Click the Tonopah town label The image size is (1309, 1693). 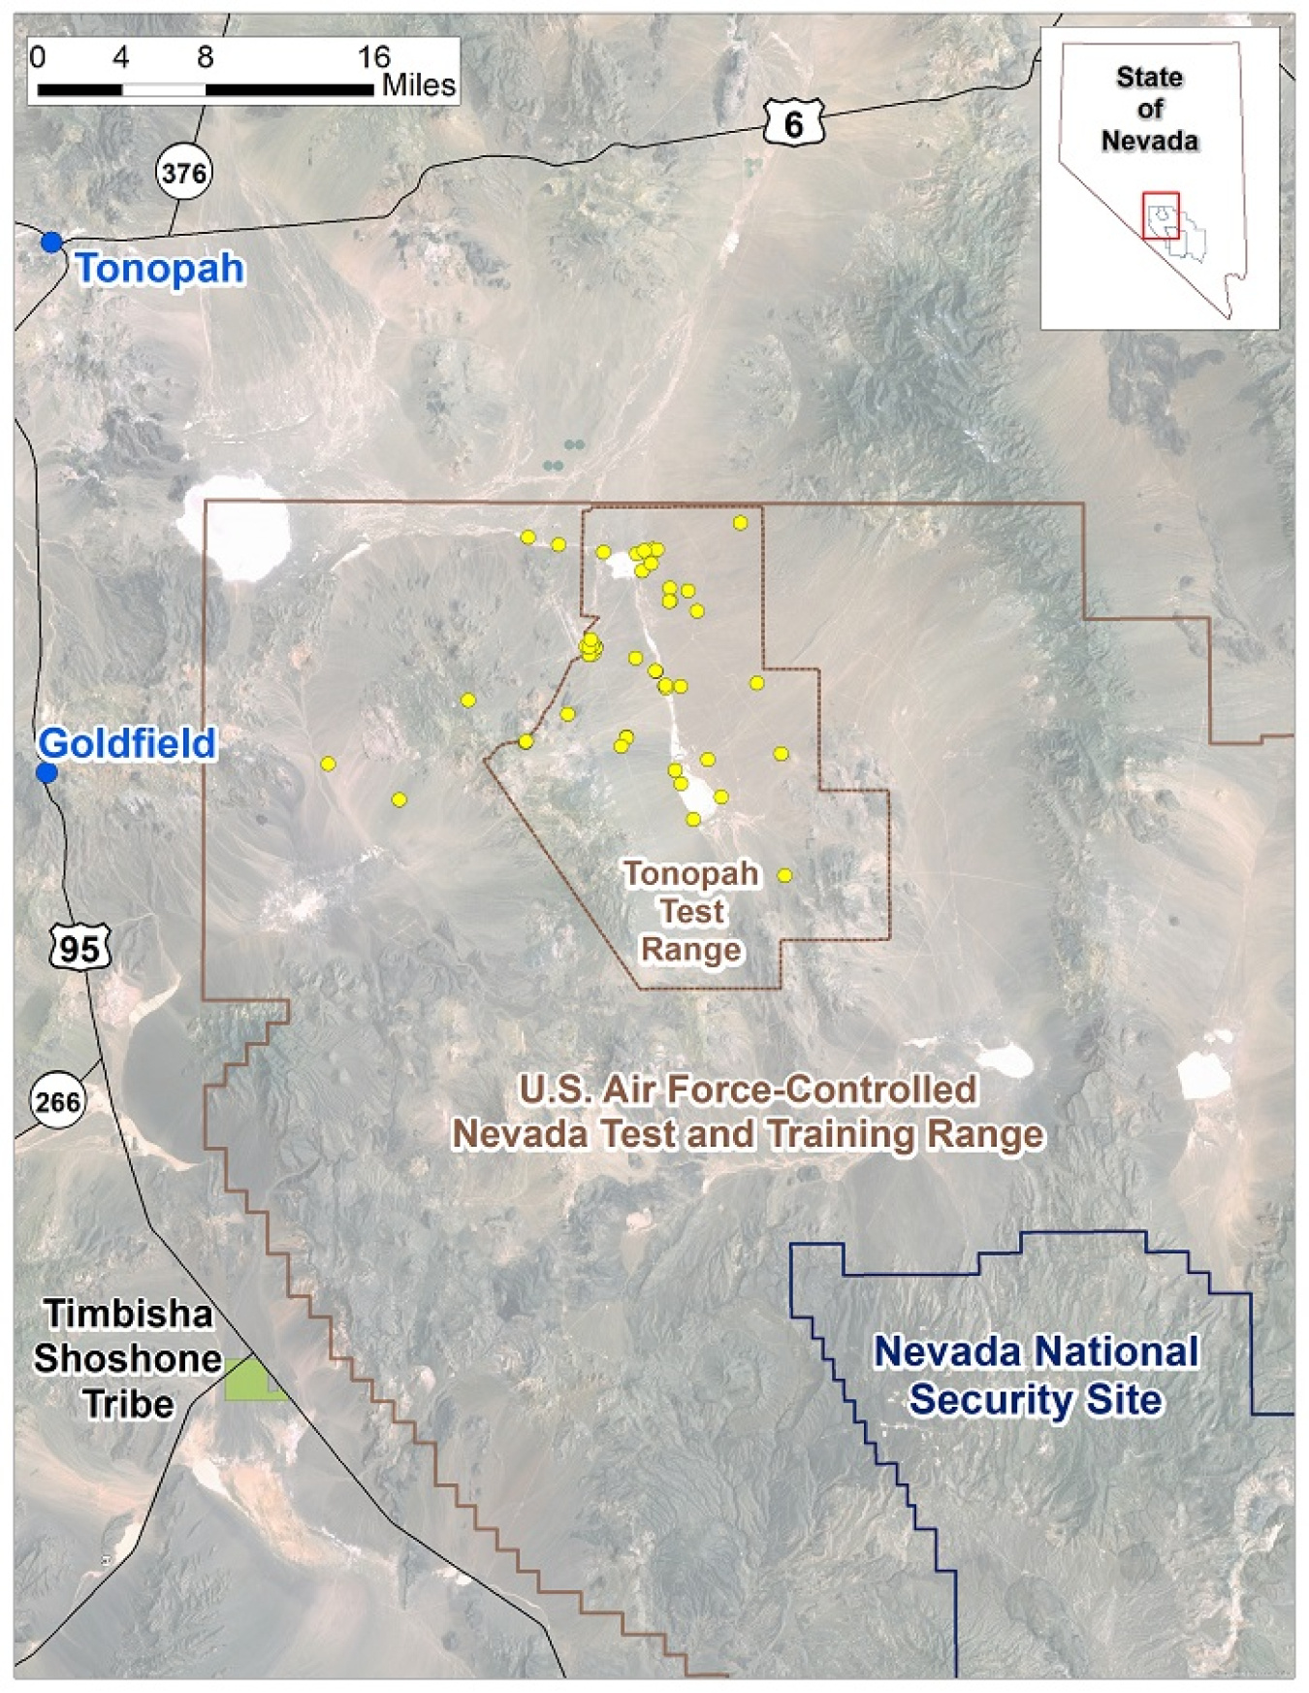coord(160,269)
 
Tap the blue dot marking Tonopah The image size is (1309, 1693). coord(51,242)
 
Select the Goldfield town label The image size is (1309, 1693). coord(127,743)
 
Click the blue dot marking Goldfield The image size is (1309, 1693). coord(47,773)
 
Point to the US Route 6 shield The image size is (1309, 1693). coord(793,123)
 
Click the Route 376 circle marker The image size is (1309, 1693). coord(183,174)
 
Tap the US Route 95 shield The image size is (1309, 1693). coord(80,947)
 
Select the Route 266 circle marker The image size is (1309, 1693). coord(57,1102)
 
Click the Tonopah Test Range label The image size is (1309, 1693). coord(691,911)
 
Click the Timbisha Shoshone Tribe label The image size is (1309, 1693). coord(127,1358)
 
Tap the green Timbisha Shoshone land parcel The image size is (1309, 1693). coord(250,1381)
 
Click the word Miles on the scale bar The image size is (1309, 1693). coord(419,85)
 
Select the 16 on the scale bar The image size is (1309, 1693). coord(373,57)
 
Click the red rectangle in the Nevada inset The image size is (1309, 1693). coord(1161,215)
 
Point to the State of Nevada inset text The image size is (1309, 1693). coord(1150,109)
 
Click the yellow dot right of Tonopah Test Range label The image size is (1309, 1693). coord(784,875)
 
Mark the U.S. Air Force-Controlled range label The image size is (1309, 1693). coord(748,1112)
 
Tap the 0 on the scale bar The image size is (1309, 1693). coord(37,57)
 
